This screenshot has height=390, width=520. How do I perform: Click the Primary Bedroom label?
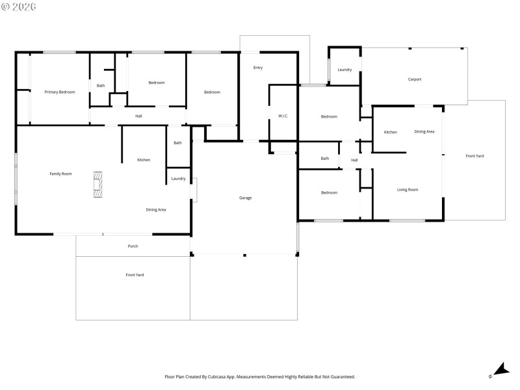pos(60,92)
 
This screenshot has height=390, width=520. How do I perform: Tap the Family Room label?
pos(60,174)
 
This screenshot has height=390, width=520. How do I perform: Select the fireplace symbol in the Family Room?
pos(97,184)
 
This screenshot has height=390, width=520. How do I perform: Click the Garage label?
pos(245,198)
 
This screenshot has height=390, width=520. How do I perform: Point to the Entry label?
pos(258,68)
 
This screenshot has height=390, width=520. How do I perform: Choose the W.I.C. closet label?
pos(283,116)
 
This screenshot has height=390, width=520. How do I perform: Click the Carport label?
pos(415,79)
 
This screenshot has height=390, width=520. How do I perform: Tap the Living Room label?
pos(408,190)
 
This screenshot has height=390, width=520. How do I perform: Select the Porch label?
pos(133,246)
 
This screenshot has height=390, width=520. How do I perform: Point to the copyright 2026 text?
pos(19,6)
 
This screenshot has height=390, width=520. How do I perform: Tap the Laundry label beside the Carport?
pos(344,70)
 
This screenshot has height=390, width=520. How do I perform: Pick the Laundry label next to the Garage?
pos(178,179)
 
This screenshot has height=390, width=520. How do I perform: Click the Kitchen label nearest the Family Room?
pos(144,160)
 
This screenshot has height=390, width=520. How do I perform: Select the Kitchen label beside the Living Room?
pos(390,132)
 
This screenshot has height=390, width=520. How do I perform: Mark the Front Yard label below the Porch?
pos(135,275)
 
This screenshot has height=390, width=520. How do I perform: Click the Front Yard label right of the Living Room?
pos(474,156)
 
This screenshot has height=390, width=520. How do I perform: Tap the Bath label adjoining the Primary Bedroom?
pos(101,86)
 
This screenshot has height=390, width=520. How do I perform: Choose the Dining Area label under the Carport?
pos(424,131)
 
